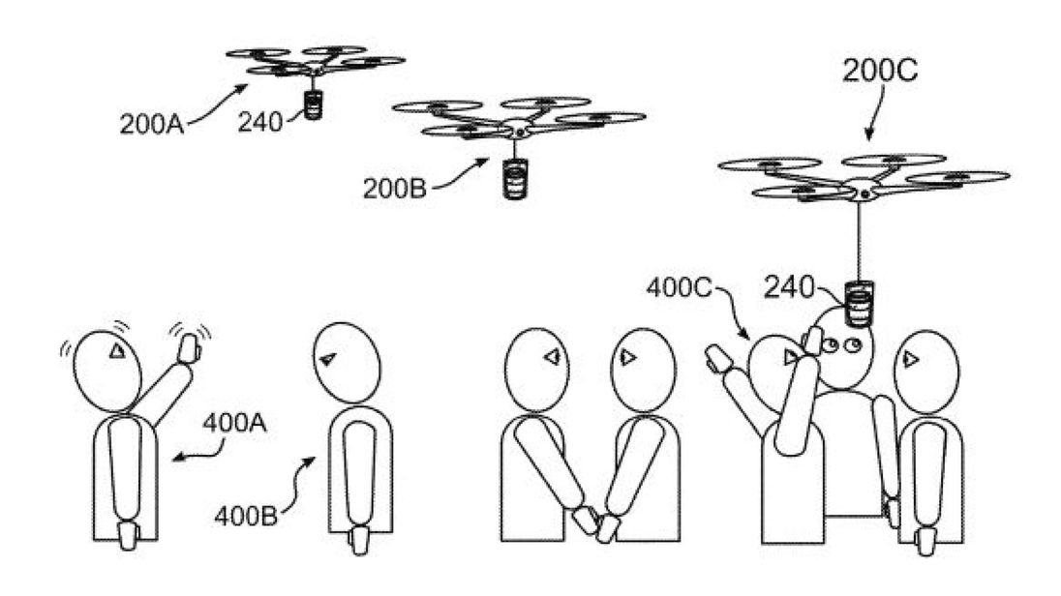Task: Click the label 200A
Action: [x=152, y=125]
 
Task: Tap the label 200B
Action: [x=395, y=189]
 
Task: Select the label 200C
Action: [x=880, y=71]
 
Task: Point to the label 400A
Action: [x=234, y=424]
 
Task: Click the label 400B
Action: [x=246, y=517]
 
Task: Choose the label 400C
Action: [x=679, y=287]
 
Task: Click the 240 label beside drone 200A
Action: [x=259, y=123]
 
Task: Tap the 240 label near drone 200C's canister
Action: [x=788, y=288]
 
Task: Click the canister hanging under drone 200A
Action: [x=313, y=105]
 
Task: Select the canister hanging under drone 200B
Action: [x=515, y=178]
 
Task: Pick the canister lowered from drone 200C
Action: [x=858, y=305]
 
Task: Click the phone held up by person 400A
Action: [x=188, y=347]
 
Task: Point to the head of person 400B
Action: [x=347, y=363]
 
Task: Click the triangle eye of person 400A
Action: [x=117, y=350]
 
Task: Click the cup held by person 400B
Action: [x=358, y=539]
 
